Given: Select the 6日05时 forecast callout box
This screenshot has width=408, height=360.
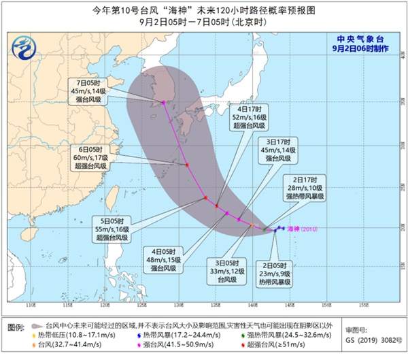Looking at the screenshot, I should (x=90, y=157).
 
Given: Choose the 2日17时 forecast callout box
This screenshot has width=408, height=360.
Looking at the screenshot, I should (x=304, y=186).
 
